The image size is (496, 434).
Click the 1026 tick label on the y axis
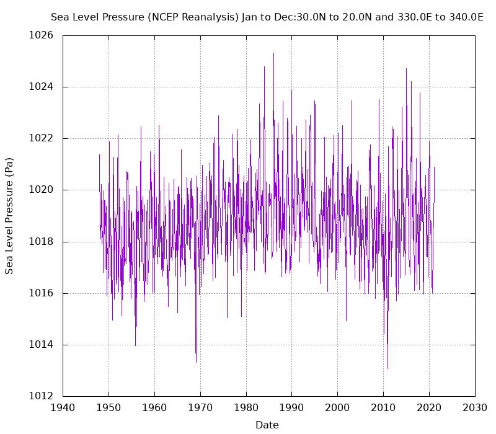tap(41, 35)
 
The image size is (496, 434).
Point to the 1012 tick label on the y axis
tap(41, 396)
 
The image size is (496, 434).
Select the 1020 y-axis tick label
tap(41, 190)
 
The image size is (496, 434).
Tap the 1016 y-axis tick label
tap(41, 293)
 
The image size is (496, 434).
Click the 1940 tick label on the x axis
tap(63, 409)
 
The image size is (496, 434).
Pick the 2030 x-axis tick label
tap(475, 409)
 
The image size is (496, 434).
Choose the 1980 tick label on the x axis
tap(246, 409)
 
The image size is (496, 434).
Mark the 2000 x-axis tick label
tap(338, 409)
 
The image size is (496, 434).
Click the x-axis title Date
tap(267, 425)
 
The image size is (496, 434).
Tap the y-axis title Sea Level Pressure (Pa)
tap(9, 215)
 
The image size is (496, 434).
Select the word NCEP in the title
tap(164, 17)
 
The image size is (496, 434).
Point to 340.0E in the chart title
tap(465, 17)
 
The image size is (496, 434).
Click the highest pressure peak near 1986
tap(273, 53)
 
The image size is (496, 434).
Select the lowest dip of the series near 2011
tap(388, 368)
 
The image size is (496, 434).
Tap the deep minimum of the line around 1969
tap(196, 362)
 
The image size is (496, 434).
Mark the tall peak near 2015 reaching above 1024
tap(407, 69)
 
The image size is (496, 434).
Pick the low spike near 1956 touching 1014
tap(135, 345)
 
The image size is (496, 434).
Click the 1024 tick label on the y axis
tap(41, 87)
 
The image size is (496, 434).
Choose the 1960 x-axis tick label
tap(154, 409)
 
